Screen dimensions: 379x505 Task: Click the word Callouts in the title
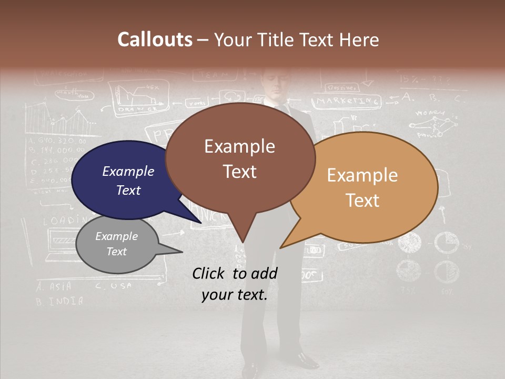point(155,39)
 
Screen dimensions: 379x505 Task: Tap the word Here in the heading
point(359,39)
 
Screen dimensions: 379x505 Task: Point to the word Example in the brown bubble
point(239,146)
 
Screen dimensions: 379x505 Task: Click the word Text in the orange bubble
point(362,201)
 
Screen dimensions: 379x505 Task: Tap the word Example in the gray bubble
point(116,236)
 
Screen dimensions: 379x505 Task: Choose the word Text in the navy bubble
point(128,190)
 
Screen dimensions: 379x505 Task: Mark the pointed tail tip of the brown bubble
point(243,243)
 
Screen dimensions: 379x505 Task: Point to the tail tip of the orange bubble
point(280,248)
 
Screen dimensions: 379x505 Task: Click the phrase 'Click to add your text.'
point(235,284)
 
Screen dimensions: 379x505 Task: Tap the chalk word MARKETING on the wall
point(348,100)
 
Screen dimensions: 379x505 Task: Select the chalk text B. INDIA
point(59,302)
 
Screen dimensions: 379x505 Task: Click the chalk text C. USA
point(114,286)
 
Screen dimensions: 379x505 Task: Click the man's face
point(275,84)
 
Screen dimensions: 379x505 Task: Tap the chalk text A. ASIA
point(54,287)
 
